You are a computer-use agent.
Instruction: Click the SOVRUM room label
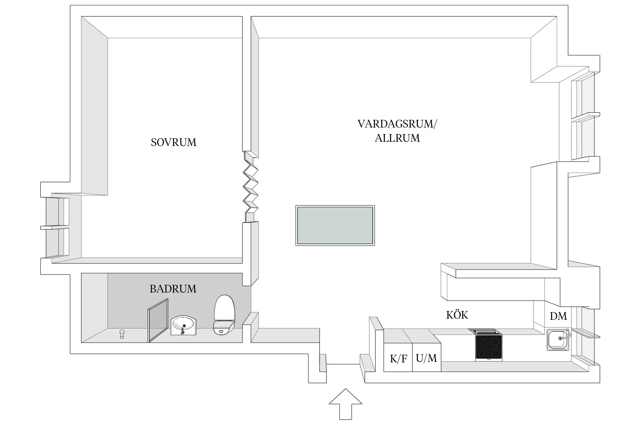click(174, 142)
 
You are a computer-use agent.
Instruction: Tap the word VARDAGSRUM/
click(397, 124)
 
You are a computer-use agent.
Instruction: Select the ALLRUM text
click(397, 138)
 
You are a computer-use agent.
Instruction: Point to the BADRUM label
click(173, 289)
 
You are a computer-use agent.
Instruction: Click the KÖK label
click(457, 315)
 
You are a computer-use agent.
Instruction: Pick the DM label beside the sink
click(558, 316)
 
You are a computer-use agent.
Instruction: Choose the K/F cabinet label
click(398, 359)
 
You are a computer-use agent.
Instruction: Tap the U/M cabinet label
click(426, 358)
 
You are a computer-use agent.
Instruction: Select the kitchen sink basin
click(557, 340)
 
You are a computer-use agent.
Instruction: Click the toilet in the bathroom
click(224, 315)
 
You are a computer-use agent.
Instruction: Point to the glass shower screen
click(158, 320)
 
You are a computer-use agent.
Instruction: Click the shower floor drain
click(122, 334)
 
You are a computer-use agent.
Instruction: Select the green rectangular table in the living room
click(335, 225)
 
